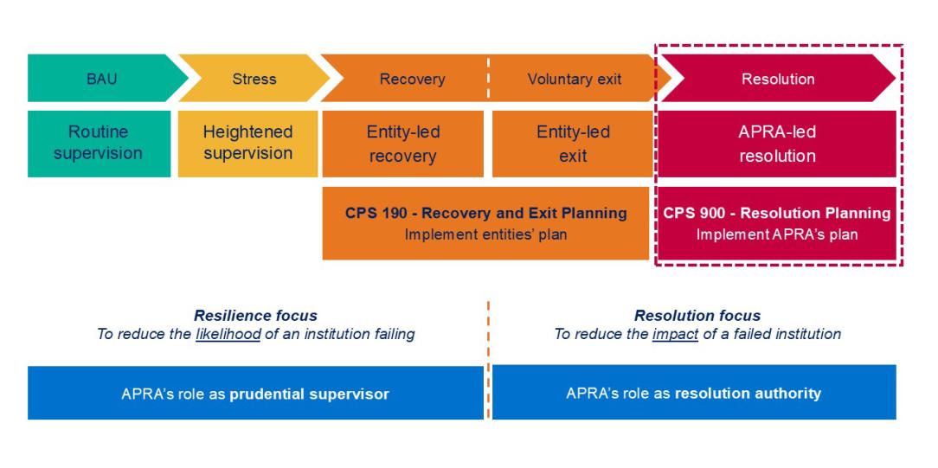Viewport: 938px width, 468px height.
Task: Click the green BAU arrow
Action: (x=101, y=79)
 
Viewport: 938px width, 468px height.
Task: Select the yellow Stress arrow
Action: (x=253, y=79)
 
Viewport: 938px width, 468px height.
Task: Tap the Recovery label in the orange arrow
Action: (x=412, y=80)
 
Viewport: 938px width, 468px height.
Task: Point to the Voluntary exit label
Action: (x=574, y=80)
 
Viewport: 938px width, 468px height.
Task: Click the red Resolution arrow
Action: (x=777, y=79)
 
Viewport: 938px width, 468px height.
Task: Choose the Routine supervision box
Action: (x=98, y=143)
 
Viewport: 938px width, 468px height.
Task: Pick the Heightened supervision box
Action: (x=247, y=143)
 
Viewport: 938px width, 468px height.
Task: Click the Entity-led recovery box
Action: (x=402, y=144)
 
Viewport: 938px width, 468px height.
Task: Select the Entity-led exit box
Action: (x=572, y=144)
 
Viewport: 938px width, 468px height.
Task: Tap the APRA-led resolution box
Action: (x=776, y=144)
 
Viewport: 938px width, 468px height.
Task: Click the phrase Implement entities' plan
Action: (x=485, y=234)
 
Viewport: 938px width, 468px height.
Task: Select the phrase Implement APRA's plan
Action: (x=776, y=234)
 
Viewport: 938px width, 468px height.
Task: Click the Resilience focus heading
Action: (x=255, y=316)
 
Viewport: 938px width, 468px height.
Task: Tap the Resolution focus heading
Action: (x=697, y=316)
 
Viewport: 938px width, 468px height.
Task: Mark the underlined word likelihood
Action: (x=228, y=334)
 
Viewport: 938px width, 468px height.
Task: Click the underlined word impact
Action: (x=675, y=334)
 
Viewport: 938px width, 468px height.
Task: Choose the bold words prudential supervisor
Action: (x=309, y=394)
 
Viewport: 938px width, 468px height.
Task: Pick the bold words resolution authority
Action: (x=748, y=393)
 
